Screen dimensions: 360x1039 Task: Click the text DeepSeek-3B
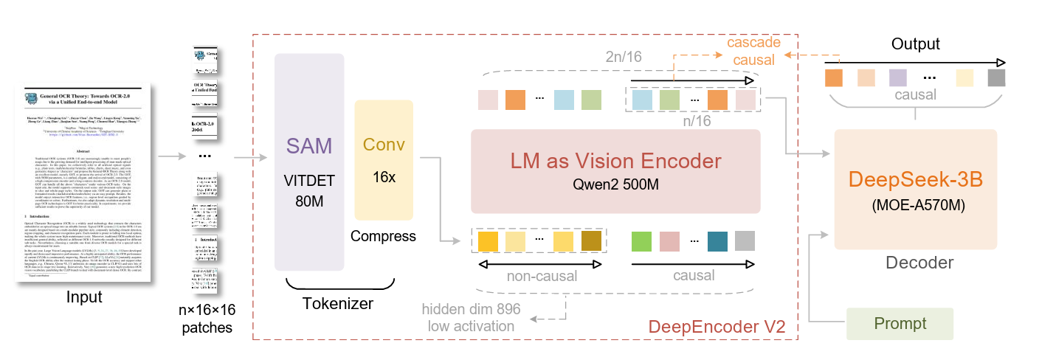916,179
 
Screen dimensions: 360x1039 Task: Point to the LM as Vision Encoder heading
615,162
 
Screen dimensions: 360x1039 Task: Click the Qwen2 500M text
615,184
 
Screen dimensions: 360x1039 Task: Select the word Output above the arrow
915,44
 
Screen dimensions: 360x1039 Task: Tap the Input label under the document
85,297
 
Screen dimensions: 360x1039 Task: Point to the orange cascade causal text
753,51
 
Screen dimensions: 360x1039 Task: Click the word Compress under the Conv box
383,236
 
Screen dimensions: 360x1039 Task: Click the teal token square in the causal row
717,241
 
